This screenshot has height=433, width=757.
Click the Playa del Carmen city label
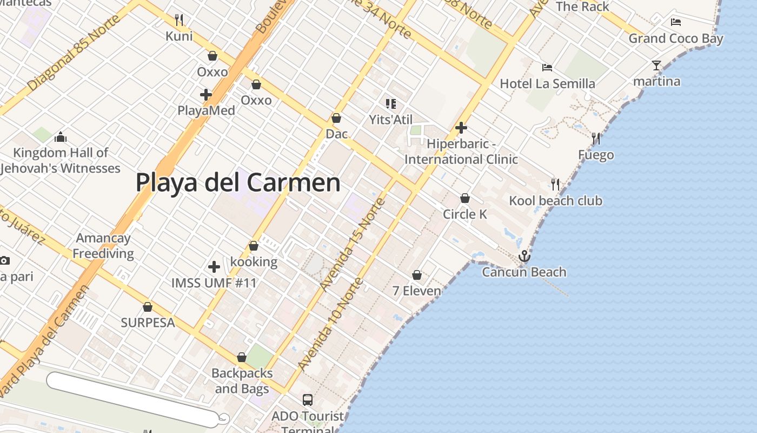[238, 182]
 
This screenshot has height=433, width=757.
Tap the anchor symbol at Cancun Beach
[524, 256]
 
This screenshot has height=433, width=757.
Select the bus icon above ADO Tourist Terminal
[307, 400]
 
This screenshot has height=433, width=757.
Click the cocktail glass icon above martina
[656, 65]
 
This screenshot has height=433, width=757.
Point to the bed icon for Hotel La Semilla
[547, 68]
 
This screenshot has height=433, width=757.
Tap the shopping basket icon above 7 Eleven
[417, 275]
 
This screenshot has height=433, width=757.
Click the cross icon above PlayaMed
[206, 95]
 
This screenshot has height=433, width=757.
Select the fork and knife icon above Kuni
[179, 20]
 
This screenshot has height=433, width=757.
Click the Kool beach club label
[555, 201]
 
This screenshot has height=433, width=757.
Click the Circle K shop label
[465, 214]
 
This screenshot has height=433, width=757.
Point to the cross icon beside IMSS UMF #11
[214, 266]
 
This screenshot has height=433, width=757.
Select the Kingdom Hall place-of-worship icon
[61, 136]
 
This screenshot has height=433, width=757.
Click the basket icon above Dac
[336, 118]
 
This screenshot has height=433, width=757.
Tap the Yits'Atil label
[390, 120]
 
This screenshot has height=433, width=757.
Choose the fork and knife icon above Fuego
[596, 139]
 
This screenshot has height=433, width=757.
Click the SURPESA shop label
[148, 323]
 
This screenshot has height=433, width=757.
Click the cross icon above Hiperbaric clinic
[461, 128]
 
